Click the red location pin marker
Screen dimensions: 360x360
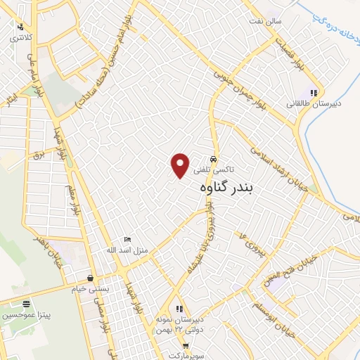tap(180, 165)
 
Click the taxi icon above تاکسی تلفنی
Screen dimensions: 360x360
tap(214, 159)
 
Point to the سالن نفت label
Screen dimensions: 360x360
tap(267, 21)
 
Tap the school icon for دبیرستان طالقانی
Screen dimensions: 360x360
tap(314, 92)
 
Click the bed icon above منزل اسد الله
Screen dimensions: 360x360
tap(127, 240)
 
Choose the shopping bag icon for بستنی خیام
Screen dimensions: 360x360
tap(91, 277)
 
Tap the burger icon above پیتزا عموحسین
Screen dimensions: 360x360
tap(26, 304)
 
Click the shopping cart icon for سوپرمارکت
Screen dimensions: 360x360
tap(186, 345)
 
